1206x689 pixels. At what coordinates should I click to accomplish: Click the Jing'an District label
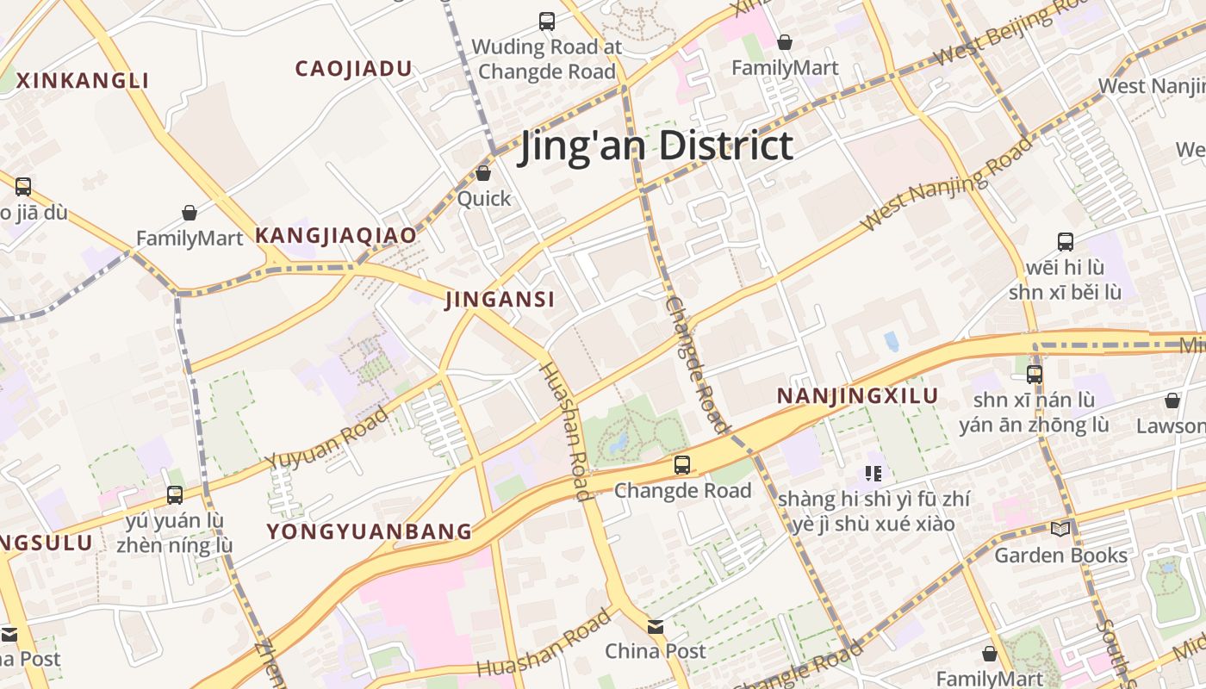656,146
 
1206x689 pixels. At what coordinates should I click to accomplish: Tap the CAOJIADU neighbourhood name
353,69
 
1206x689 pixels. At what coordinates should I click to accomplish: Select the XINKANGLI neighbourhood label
83,81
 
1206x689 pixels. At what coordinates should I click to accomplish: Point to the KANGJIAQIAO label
335,235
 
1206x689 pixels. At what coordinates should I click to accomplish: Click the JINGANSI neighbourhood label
500,300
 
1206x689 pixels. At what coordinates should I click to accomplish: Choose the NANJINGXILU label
857,396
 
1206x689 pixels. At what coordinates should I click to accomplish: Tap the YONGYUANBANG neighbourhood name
370,531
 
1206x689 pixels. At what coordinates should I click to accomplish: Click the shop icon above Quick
483,173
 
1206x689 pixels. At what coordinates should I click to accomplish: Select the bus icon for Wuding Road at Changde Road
546,22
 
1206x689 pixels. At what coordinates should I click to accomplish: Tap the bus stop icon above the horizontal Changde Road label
682,465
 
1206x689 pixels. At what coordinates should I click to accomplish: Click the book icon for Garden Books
1060,529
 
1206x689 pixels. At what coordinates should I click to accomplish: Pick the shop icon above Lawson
1172,400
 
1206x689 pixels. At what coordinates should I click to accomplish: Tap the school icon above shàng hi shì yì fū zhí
873,473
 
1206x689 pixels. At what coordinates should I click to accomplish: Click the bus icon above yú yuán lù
175,494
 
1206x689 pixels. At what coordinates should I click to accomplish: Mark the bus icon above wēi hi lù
1066,242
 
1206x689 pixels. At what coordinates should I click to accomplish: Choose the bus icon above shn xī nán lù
1035,375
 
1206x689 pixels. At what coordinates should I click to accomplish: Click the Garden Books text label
1060,556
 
